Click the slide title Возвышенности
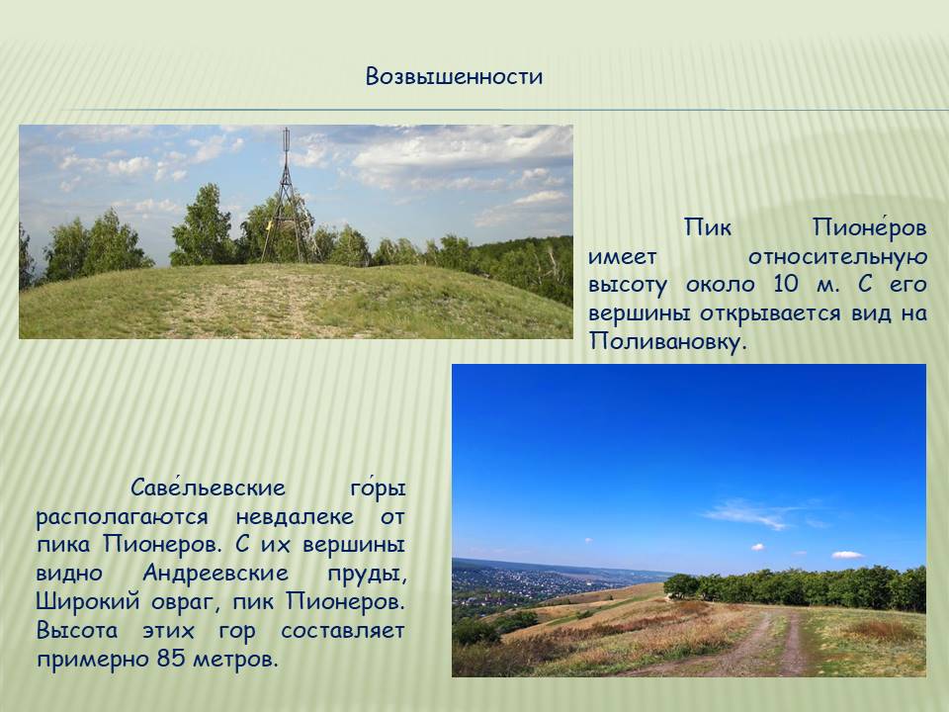(454, 76)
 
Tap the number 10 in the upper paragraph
(786, 284)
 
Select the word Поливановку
(664, 341)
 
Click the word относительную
(837, 257)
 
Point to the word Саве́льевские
(208, 487)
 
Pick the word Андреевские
(216, 573)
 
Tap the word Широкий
(88, 602)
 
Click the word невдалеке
(295, 516)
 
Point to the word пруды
(366, 574)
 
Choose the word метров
(235, 659)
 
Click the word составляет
(343, 630)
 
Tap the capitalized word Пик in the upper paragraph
(708, 227)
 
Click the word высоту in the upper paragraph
(627, 285)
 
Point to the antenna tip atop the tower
(286, 130)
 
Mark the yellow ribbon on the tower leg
(269, 227)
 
